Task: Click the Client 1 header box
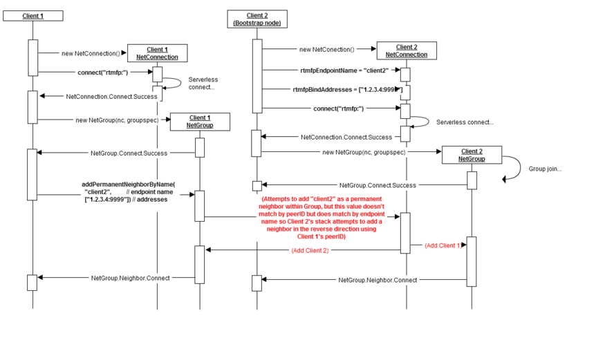[x=33, y=15]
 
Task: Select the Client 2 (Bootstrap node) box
[x=257, y=19]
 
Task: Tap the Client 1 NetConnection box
[x=157, y=53]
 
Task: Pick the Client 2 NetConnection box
[x=406, y=50]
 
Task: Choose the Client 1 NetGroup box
[x=200, y=122]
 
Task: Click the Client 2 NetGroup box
[x=472, y=155]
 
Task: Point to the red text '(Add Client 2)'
[x=310, y=250]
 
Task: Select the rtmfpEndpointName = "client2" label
[x=344, y=70]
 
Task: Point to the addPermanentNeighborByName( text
[x=129, y=184]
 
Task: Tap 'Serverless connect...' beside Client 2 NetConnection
[x=465, y=122]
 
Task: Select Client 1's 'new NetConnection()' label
[x=90, y=53]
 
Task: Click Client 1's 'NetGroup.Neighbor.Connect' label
[x=130, y=278]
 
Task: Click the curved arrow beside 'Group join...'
[x=512, y=168]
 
